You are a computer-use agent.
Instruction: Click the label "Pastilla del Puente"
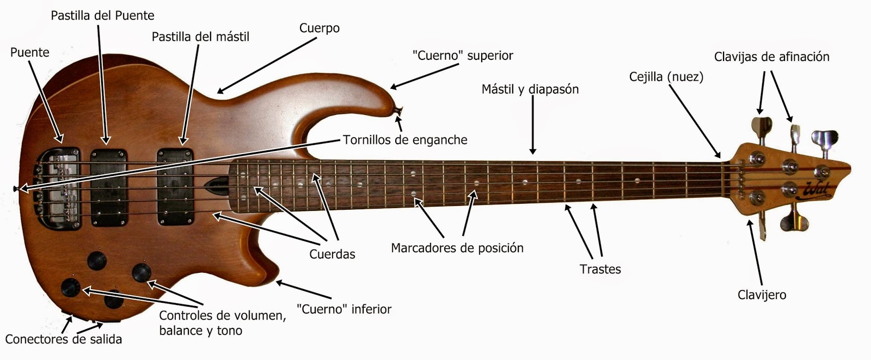102,16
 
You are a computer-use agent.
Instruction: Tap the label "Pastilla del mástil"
200,36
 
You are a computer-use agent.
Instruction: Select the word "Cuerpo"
320,28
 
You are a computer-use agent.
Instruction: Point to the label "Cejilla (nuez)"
666,77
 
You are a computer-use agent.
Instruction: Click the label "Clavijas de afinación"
771,57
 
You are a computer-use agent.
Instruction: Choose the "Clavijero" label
762,295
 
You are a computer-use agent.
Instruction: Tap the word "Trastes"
600,269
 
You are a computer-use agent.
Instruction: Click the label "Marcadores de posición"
457,248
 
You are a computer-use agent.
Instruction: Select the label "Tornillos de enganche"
405,140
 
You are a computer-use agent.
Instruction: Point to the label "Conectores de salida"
63,339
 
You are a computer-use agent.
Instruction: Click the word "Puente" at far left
29,52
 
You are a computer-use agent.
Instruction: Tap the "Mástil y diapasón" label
530,89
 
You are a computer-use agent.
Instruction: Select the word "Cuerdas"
332,254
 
